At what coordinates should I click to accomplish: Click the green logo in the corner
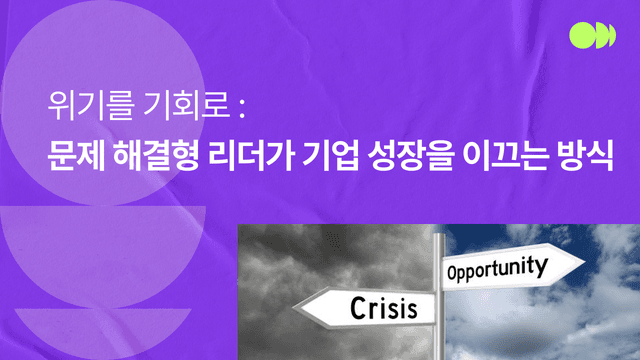tap(593, 36)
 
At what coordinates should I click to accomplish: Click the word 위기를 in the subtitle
tap(91, 106)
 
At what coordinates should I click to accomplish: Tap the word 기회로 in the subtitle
tap(187, 106)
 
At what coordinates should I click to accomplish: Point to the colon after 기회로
tap(242, 108)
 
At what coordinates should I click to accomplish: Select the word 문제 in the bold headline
tap(76, 156)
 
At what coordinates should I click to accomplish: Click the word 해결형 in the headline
tap(156, 156)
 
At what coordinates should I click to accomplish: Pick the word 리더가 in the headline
tap(251, 156)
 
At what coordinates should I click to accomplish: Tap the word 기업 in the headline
tap(331, 156)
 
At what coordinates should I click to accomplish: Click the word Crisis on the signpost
tap(384, 309)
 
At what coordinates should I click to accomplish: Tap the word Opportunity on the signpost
tap(497, 268)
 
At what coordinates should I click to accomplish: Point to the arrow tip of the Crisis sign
tap(294, 308)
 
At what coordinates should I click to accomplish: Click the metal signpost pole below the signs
tap(438, 342)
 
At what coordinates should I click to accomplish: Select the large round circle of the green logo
tap(582, 36)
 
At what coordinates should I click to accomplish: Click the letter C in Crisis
tap(358, 308)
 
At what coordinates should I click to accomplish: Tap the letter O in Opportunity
tap(453, 273)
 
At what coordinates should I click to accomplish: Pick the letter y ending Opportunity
tap(542, 267)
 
